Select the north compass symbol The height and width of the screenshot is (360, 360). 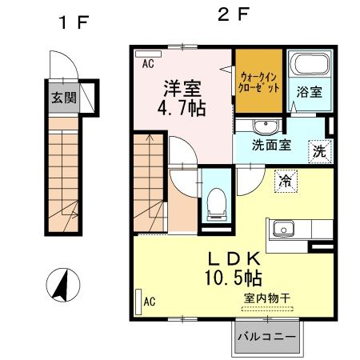coord(61,285)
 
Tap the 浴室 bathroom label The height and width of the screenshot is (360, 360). coord(310,92)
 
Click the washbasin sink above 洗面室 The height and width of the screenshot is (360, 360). coord(262,126)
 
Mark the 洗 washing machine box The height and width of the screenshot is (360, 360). coord(319,150)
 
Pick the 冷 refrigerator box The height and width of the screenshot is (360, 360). coord(285,181)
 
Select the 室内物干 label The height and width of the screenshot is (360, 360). coord(266,298)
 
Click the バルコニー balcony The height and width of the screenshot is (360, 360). coord(268,338)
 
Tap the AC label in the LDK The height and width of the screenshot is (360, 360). coord(149,301)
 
